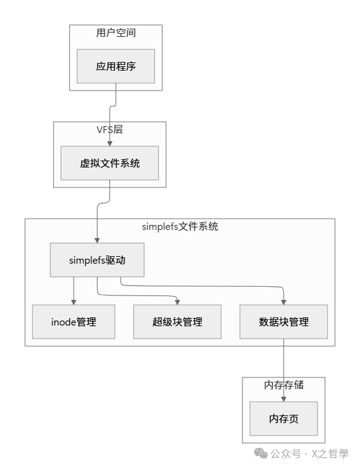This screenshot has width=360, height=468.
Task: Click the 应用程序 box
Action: [x=116, y=66]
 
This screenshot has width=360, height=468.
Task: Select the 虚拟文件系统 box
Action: [x=109, y=163]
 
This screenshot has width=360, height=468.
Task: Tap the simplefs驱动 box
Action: [x=97, y=260]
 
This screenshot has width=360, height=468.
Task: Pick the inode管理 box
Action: [x=74, y=322]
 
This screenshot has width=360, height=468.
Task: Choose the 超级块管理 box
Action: [x=177, y=322]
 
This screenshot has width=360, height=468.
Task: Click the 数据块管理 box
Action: [x=284, y=322]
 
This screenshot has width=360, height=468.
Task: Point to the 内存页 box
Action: [x=284, y=418]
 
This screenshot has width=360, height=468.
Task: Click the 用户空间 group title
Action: [x=116, y=32]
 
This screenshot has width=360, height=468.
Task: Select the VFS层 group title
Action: [x=109, y=129]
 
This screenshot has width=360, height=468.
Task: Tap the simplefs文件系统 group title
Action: [x=180, y=226]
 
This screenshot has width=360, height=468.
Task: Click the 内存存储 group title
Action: [x=284, y=385]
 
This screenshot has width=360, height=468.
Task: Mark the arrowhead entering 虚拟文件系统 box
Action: [x=109, y=143]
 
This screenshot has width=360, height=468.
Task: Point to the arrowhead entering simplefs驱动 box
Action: [x=97, y=240]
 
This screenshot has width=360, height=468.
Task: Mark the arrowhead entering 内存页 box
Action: [x=284, y=398]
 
